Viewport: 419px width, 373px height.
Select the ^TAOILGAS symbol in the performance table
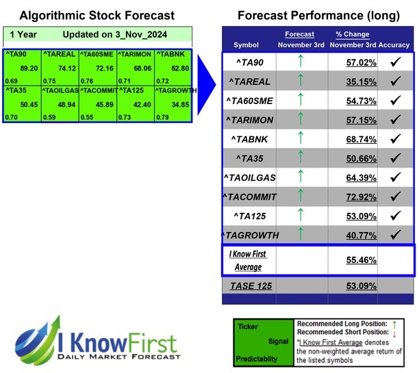click(x=251, y=177)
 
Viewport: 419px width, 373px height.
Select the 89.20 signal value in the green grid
click(x=29, y=68)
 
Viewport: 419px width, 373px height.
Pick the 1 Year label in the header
click(x=23, y=34)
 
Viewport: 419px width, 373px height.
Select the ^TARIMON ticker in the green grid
click(x=135, y=53)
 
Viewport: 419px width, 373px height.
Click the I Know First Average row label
click(x=248, y=259)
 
